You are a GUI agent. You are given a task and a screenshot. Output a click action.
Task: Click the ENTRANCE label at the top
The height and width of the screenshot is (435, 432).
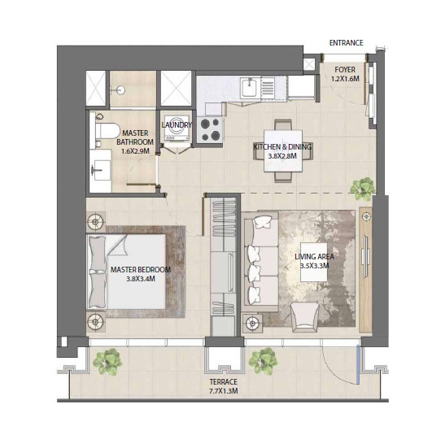pos(346,43)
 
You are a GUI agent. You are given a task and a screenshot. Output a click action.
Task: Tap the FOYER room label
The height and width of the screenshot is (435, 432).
pos(346,70)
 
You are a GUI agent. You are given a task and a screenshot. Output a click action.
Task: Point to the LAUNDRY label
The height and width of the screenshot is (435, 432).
pos(177,125)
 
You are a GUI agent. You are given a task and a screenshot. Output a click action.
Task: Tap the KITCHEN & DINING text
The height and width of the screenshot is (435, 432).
pos(282,147)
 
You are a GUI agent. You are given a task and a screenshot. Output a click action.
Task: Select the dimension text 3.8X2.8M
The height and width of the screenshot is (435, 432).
pos(282,158)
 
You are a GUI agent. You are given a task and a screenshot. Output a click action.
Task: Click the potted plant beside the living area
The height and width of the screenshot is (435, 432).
pos(360,189)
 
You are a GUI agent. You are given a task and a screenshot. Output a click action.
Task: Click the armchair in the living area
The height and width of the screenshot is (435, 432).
pos(305,314)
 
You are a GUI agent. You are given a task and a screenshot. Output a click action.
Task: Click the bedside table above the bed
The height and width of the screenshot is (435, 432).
pos(97,220)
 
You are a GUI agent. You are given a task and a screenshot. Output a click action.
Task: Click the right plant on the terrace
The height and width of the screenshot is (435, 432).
pos(263,359)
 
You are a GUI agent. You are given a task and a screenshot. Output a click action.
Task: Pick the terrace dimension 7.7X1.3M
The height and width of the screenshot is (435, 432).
pos(223,390)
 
